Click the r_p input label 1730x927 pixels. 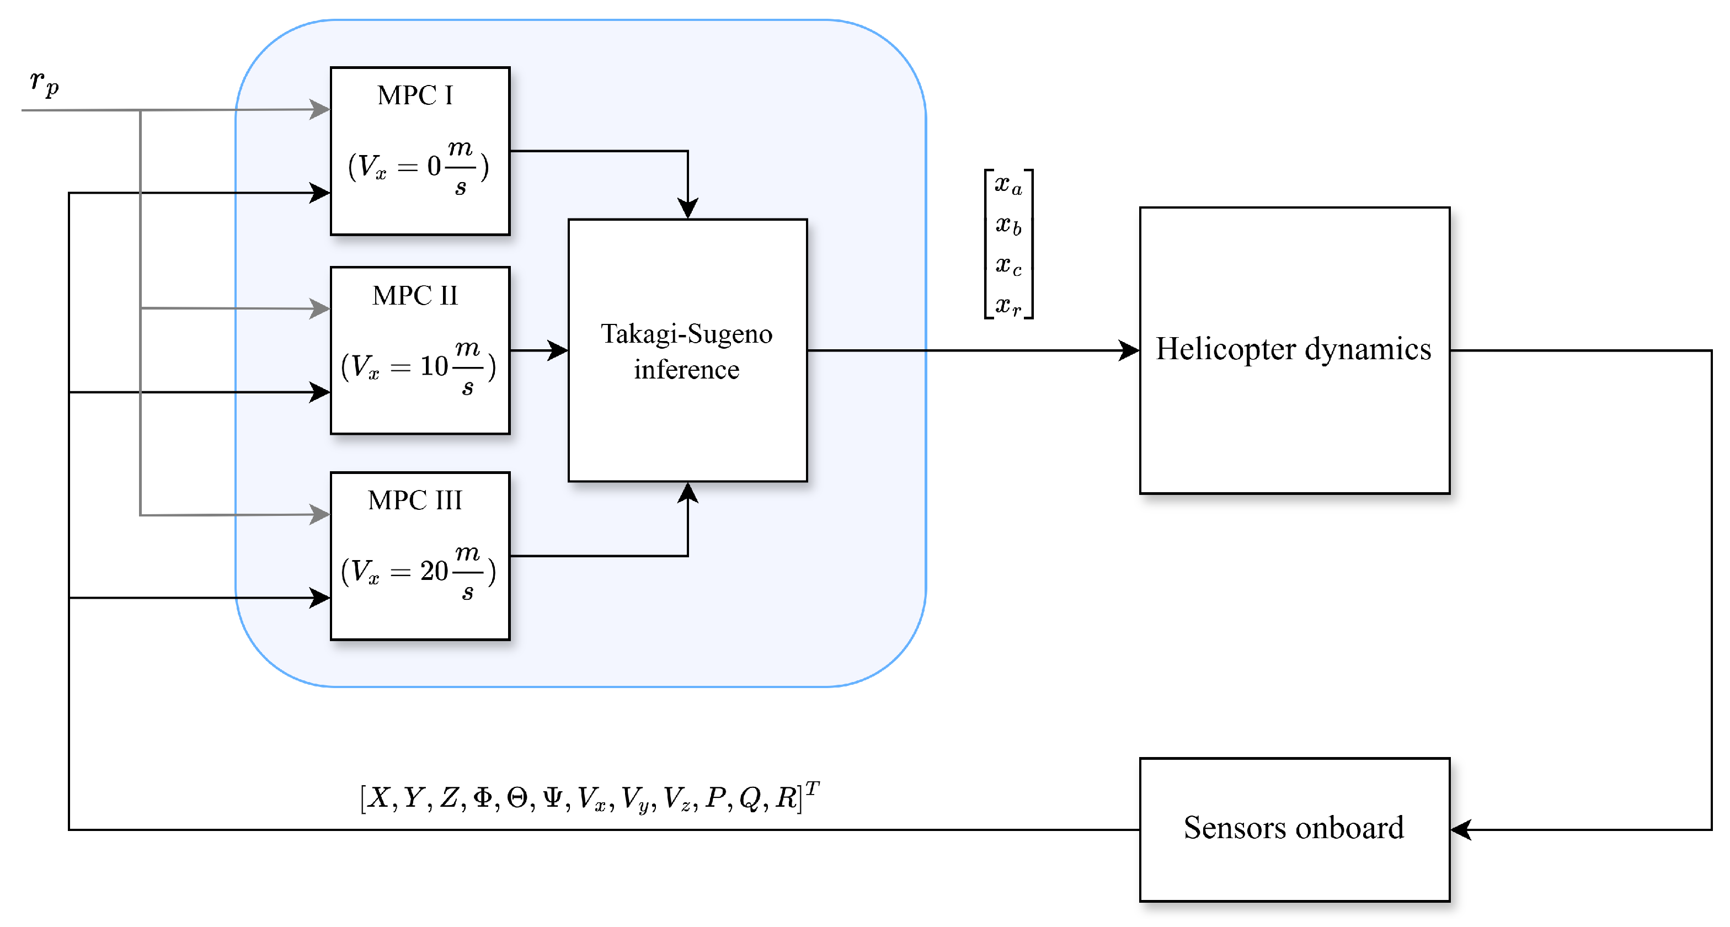(x=44, y=83)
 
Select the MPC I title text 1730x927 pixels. (x=415, y=95)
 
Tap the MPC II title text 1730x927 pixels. (x=415, y=296)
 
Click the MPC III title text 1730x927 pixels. (x=415, y=500)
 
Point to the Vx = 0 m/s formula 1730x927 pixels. (x=418, y=166)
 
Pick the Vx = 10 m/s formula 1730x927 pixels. (x=418, y=367)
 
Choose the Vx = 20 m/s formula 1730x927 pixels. (x=418, y=572)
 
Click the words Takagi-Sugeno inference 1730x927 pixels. (x=686, y=351)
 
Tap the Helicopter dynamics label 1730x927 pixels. (x=1294, y=349)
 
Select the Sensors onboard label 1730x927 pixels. (x=1294, y=828)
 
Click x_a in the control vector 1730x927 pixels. (x=1008, y=184)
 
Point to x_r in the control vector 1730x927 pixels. (x=1008, y=306)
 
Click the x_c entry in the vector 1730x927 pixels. (x=1008, y=265)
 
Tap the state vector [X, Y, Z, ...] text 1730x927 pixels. (x=589, y=797)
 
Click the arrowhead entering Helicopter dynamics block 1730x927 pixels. (x=1128, y=350)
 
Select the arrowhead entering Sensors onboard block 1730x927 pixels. (x=1461, y=829)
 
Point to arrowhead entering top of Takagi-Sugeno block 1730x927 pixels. (x=688, y=208)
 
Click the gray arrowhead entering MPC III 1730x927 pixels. (x=319, y=515)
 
